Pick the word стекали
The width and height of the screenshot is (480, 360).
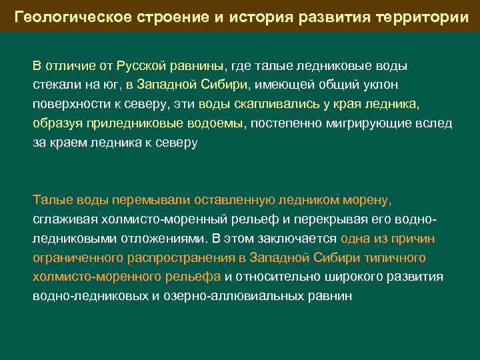pos(55,85)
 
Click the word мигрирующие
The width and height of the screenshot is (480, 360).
pos(379,124)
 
